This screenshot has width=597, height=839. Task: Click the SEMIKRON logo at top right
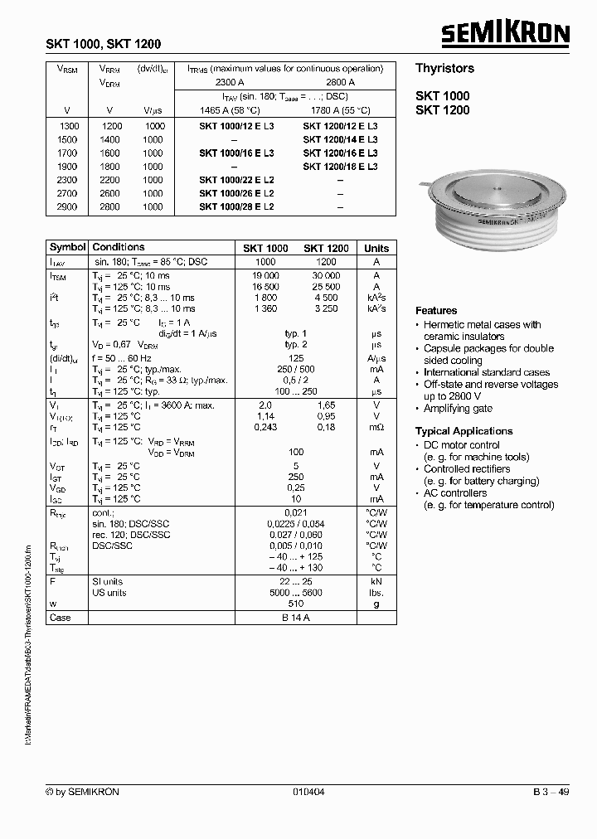click(x=504, y=34)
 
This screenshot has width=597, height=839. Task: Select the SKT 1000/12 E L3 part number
click(x=236, y=127)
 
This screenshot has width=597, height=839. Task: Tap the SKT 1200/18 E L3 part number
click(x=340, y=167)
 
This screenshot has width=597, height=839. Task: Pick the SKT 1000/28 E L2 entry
click(x=236, y=206)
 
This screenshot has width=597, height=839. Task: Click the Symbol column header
click(x=67, y=248)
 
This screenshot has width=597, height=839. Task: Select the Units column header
click(x=376, y=249)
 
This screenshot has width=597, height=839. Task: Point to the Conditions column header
click(x=119, y=248)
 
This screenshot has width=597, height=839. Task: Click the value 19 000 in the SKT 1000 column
click(x=265, y=274)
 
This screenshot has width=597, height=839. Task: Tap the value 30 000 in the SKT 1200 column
click(x=326, y=274)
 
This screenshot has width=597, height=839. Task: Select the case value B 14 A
click(x=295, y=618)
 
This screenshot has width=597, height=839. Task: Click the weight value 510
click(x=295, y=604)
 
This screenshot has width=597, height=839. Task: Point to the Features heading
click(x=436, y=311)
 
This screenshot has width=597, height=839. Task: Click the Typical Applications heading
click(x=464, y=431)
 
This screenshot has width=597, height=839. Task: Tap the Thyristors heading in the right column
click(x=444, y=69)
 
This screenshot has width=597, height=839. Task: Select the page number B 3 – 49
click(x=551, y=793)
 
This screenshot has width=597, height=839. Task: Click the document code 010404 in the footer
click(x=308, y=793)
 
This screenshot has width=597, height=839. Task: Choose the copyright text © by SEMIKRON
click(x=82, y=793)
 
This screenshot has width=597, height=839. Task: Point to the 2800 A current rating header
click(x=341, y=83)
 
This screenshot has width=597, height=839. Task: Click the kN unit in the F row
click(x=376, y=582)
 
